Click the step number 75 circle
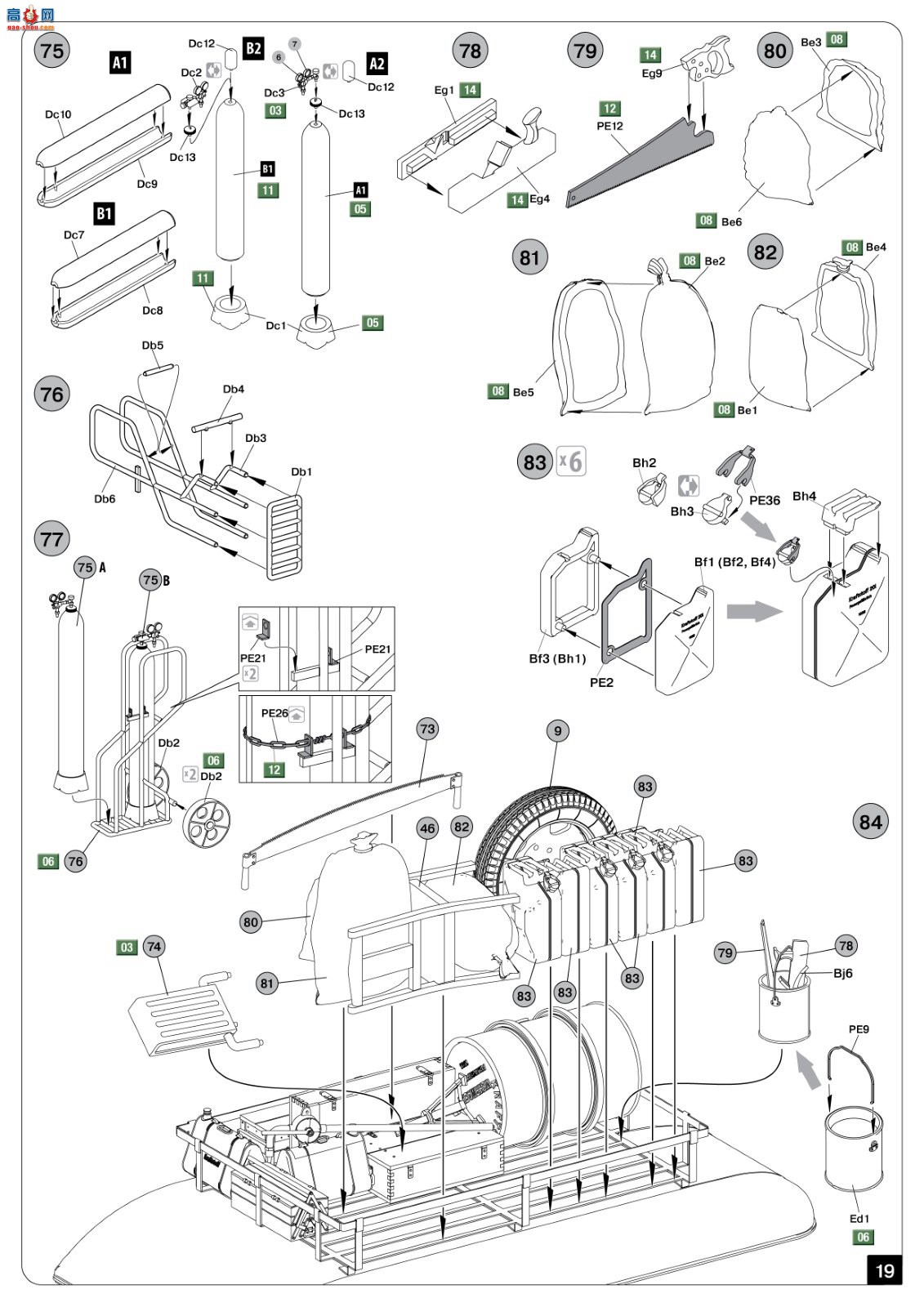click(51, 51)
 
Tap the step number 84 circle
click(870, 822)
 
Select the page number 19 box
click(885, 1270)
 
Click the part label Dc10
click(58, 114)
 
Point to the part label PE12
click(609, 126)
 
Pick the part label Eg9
click(652, 74)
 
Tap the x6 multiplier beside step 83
click(571, 462)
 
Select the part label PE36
click(765, 500)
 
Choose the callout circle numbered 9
click(558, 730)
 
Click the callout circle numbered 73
click(427, 729)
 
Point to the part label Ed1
click(859, 1219)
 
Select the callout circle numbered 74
click(154, 947)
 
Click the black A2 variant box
click(377, 64)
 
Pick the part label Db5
click(153, 346)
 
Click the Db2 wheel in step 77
click(207, 819)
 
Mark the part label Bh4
click(804, 496)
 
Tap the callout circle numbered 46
click(427, 828)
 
